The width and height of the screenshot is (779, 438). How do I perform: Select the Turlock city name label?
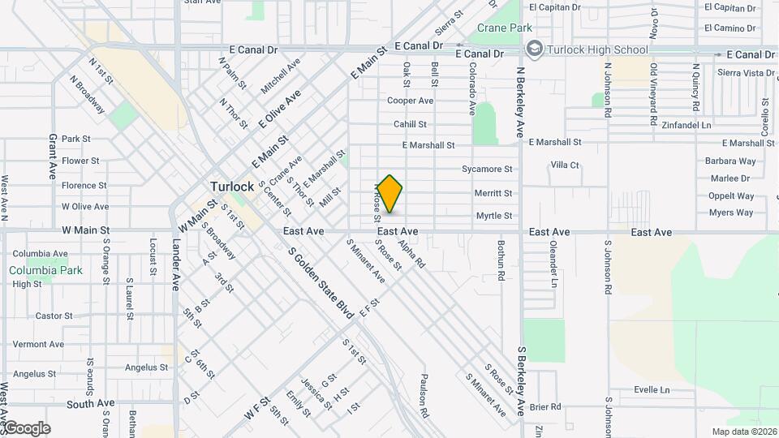click(233, 186)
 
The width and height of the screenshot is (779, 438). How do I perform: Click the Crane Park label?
click(504, 28)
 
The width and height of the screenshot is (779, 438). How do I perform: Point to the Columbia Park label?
click(46, 270)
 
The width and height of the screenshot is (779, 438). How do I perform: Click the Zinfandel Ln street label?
click(686, 126)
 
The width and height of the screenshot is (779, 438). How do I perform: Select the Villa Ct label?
click(565, 165)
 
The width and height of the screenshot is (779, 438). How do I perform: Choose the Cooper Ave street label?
click(410, 101)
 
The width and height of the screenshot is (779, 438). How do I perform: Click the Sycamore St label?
click(487, 170)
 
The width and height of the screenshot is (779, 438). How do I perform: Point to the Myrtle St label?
click(494, 216)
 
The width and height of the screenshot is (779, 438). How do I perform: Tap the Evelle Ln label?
click(652, 389)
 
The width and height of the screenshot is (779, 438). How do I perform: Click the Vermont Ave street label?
click(38, 344)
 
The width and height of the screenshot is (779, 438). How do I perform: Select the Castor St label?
click(54, 316)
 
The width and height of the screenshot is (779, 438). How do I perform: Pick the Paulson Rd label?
click(424, 393)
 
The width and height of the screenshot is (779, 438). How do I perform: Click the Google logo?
click(26, 428)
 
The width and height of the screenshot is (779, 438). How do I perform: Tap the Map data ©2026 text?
click(743, 432)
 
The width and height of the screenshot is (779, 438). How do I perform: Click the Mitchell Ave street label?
click(281, 75)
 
